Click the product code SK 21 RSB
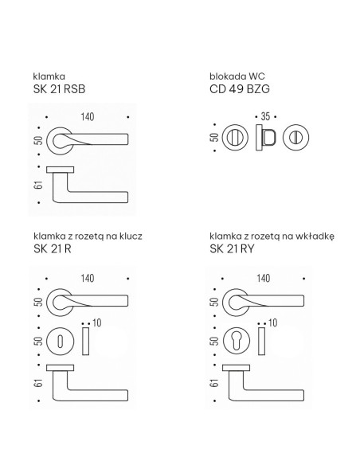click(59, 89)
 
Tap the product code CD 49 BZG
click(240, 89)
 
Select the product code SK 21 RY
click(232, 248)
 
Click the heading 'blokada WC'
click(237, 76)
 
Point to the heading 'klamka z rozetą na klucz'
click(88, 236)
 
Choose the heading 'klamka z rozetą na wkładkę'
click(272, 236)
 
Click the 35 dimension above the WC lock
click(265, 116)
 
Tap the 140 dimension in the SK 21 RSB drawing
click(88, 117)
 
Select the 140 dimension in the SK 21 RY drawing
click(264, 278)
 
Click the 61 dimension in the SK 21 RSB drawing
click(38, 185)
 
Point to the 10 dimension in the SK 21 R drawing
click(97, 322)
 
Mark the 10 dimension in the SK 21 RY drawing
click(273, 322)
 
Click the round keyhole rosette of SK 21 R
click(61, 341)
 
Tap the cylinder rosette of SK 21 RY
click(237, 341)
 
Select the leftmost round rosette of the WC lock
click(235, 138)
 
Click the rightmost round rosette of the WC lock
click(295, 138)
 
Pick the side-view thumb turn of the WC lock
click(266, 138)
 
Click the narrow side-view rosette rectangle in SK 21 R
click(86, 342)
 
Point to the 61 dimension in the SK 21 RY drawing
click(214, 383)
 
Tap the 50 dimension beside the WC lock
click(214, 137)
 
